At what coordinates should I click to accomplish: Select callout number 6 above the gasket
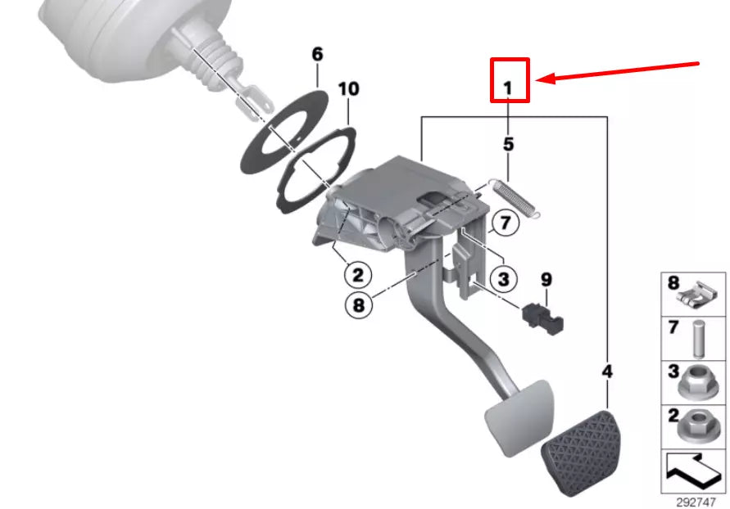pos(317,55)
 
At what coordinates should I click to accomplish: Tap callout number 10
pos(348,88)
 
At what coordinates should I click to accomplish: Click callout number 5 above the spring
pos(508,145)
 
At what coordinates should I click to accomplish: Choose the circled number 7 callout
pos(505,223)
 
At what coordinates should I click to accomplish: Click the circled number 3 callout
pos(503,279)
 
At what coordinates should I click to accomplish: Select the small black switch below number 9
pos(542,318)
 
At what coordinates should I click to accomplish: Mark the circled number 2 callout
pos(358,273)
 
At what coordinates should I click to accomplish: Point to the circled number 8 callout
pos(358,305)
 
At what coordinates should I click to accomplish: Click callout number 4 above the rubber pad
pos(607,372)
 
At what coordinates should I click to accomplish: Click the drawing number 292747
pos(696,501)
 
